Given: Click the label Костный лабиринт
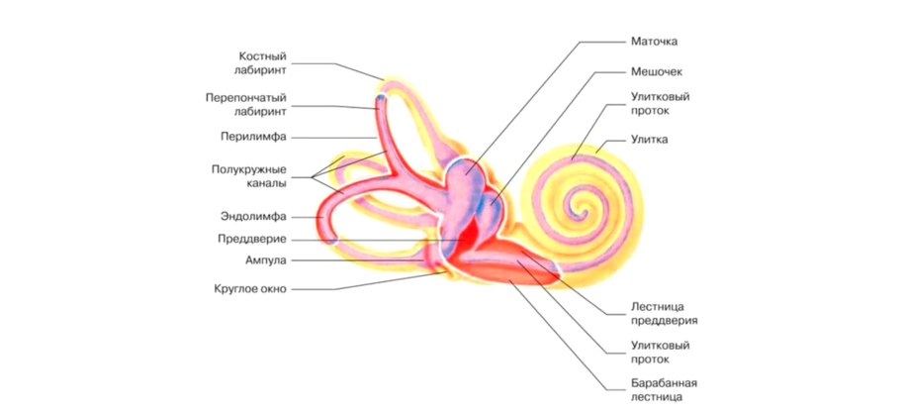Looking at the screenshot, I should click(262, 63).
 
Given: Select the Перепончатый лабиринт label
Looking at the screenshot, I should click(247, 106).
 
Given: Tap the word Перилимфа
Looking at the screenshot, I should click(253, 137).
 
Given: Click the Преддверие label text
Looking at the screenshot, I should click(251, 239).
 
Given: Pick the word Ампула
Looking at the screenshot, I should click(265, 261).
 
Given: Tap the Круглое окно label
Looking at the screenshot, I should click(249, 289).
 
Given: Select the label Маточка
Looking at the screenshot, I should click(654, 42).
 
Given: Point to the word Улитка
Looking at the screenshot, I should click(649, 140).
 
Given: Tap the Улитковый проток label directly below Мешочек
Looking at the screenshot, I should click(660, 104).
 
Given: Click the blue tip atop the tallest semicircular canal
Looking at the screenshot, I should click(380, 99).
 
